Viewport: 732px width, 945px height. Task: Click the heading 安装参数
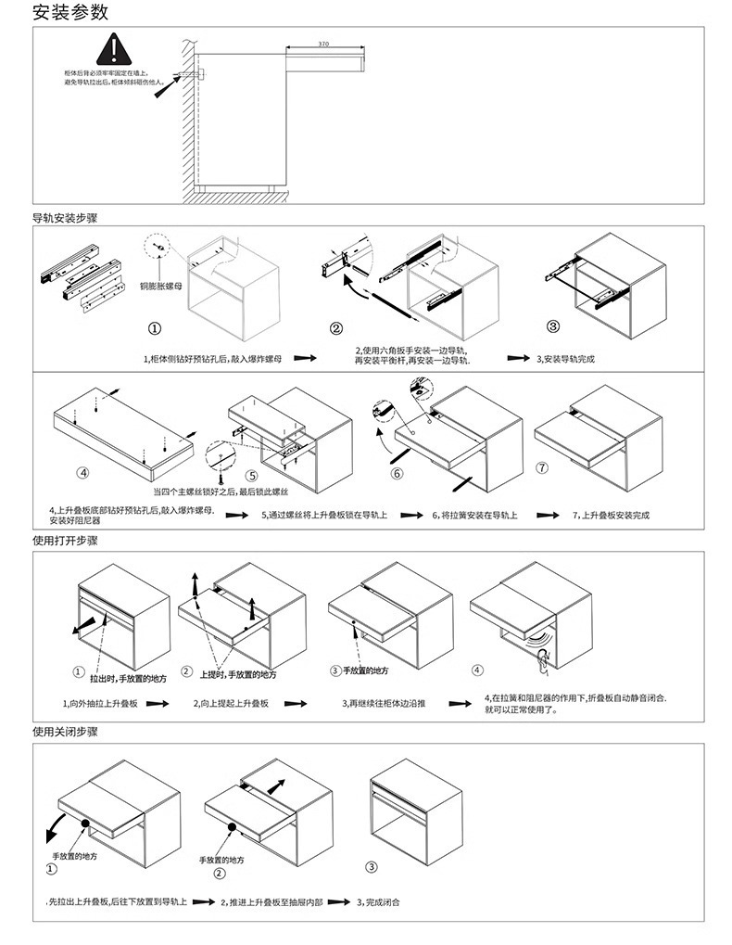coord(70,13)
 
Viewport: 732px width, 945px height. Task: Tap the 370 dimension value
coord(322,45)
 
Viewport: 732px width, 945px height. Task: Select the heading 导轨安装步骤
coord(65,219)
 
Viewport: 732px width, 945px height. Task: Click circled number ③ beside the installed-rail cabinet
coord(553,326)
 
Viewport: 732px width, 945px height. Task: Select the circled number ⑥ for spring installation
coord(398,473)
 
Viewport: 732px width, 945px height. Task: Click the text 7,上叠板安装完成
coord(611,515)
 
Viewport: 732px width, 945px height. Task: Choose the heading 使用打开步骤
coord(65,541)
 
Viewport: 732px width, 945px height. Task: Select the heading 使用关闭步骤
coord(65,732)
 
